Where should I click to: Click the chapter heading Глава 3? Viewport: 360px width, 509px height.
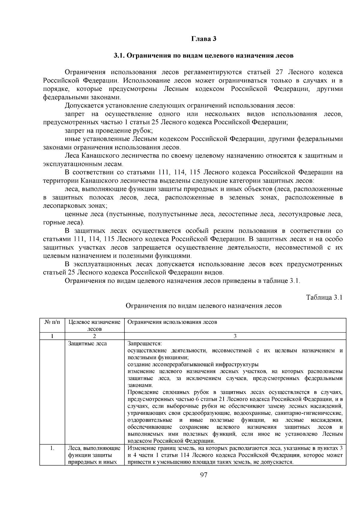[x=204, y=39]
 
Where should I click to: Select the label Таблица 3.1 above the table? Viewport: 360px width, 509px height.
[x=324, y=297]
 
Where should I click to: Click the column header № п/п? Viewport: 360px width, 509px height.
[x=52, y=322]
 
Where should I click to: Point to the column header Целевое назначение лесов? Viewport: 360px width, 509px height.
[x=94, y=325]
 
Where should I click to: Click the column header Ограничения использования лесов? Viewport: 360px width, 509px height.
[x=172, y=322]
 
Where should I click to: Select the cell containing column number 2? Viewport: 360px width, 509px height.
[x=94, y=336]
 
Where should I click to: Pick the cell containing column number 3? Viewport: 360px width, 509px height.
[x=235, y=336]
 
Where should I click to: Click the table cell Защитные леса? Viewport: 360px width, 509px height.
[x=87, y=344]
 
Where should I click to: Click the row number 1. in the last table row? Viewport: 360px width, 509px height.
[x=52, y=448]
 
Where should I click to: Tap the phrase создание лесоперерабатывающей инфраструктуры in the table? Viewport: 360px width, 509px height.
[x=193, y=365]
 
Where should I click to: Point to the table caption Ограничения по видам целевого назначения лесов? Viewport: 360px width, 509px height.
[x=203, y=306]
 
